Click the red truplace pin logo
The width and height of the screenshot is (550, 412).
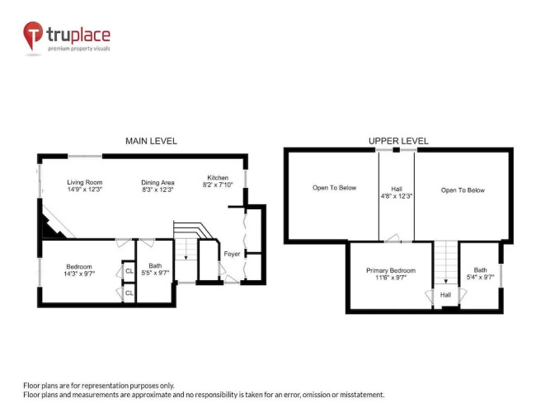[33, 35]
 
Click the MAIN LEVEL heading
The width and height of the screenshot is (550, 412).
[151, 141]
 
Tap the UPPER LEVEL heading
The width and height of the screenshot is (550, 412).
[398, 141]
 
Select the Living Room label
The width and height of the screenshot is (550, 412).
[85, 182]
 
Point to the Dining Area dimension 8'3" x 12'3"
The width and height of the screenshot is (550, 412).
[157, 190]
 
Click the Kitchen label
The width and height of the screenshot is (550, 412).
[218, 178]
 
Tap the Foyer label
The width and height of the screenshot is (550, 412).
[232, 254]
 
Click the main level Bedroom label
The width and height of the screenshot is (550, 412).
[79, 266]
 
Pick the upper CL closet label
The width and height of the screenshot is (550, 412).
[129, 271]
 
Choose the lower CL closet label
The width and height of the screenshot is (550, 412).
[129, 293]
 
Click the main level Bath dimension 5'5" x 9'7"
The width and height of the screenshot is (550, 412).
[155, 273]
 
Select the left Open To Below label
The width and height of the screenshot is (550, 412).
[334, 188]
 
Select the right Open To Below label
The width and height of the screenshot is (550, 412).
[463, 190]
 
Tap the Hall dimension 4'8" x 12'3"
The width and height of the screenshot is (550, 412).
[397, 196]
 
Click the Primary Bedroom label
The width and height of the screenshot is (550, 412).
[391, 270]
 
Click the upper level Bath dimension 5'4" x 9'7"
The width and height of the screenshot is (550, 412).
[480, 277]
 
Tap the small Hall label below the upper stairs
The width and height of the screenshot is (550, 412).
[445, 295]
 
